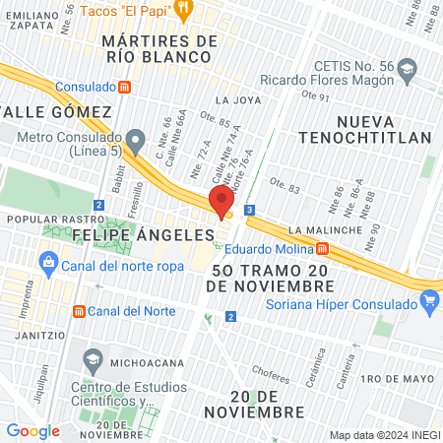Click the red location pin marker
[218, 202]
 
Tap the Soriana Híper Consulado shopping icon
[428, 302]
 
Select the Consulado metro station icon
[125, 87]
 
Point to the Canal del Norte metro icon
[78, 311]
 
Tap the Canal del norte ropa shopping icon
[48, 263]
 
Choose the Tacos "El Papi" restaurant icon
[184, 8]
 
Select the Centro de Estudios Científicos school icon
[93, 355]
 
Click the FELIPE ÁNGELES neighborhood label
[143, 235]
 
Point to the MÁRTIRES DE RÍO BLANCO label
[159, 48]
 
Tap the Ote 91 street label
[315, 95]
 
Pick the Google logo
[32, 430]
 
